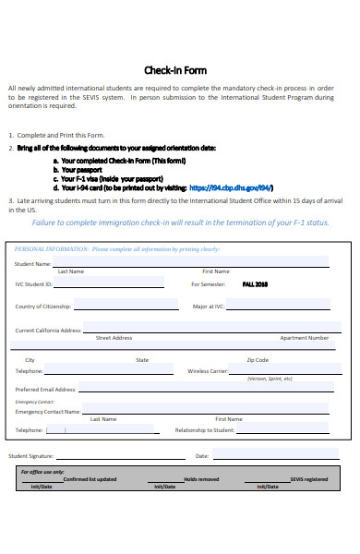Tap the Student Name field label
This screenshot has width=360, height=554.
tap(32, 264)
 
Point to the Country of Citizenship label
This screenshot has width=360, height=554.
tap(43, 307)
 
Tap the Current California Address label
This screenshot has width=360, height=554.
tap(48, 330)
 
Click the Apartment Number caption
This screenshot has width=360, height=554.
tap(304, 338)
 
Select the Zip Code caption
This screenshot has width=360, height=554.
tap(258, 360)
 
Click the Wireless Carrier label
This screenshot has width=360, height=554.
tap(207, 370)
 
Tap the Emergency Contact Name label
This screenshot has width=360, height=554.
tap(48, 412)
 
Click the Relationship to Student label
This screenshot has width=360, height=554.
tap(205, 430)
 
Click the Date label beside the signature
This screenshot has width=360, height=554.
tap(202, 456)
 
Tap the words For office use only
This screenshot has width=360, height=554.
tap(42, 472)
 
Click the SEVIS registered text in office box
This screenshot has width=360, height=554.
tap(307, 479)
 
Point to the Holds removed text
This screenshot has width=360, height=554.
tap(201, 479)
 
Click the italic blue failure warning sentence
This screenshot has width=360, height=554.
tap(180, 223)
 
